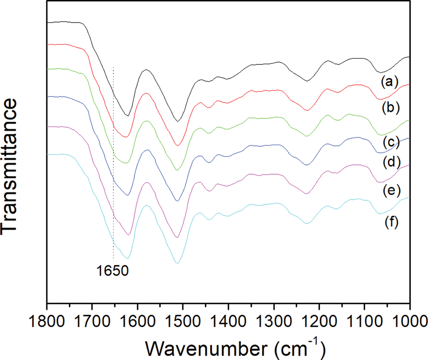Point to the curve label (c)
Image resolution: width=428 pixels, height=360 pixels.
point(390,141)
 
